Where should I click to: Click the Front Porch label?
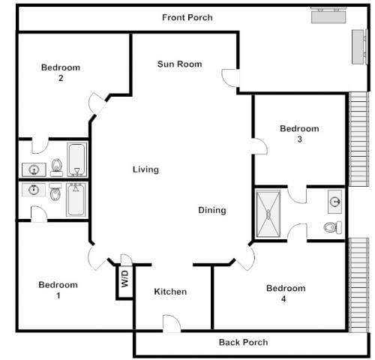[187, 17]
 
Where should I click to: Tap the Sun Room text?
[179, 64]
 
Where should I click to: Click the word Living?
[145, 169]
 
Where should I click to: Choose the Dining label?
[212, 210]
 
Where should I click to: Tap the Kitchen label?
[170, 292]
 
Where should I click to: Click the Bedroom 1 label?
[58, 290]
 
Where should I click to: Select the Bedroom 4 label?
[286, 293]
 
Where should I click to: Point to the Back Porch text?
[243, 343]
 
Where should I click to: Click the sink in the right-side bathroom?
[334, 200]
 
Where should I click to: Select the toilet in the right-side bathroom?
[331, 227]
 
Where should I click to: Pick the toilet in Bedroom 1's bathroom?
[55, 194]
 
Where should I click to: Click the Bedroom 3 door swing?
[260, 147]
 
